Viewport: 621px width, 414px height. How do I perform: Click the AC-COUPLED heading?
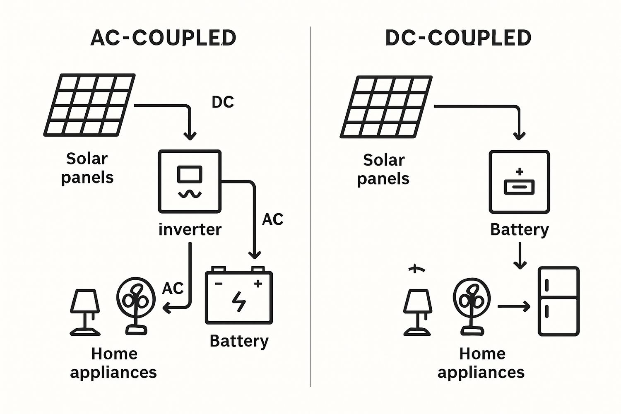pos(163,38)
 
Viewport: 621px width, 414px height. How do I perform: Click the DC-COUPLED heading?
pos(458,38)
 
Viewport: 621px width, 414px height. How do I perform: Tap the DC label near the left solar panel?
pos(223,102)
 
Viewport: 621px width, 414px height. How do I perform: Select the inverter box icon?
pos(190,181)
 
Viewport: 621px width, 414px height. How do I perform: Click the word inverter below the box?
pos(190,229)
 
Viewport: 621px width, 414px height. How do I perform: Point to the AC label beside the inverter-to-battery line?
pos(272,219)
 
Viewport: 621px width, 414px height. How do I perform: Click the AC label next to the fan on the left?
pos(173,288)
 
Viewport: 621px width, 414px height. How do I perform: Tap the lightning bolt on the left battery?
pos(239,301)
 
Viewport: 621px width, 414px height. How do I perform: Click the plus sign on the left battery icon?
pos(258,284)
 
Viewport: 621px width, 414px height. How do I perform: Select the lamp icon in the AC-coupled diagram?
pos(85,312)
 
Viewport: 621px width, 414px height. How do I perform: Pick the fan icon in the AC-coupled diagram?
pos(136,305)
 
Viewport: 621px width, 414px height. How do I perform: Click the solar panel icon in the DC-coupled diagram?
pos(386,107)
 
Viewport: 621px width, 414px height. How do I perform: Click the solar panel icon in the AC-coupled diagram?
pos(89,105)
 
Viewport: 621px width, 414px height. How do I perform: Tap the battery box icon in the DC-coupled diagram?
pos(519,182)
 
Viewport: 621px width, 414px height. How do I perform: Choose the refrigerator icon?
pos(558,301)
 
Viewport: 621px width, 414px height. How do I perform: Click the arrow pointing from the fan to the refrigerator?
pos(514,307)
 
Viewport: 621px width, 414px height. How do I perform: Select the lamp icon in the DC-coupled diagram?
pos(417,312)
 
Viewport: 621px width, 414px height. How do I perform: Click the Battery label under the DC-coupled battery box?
pos(519,229)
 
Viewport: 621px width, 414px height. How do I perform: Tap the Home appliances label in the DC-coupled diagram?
pos(481,363)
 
